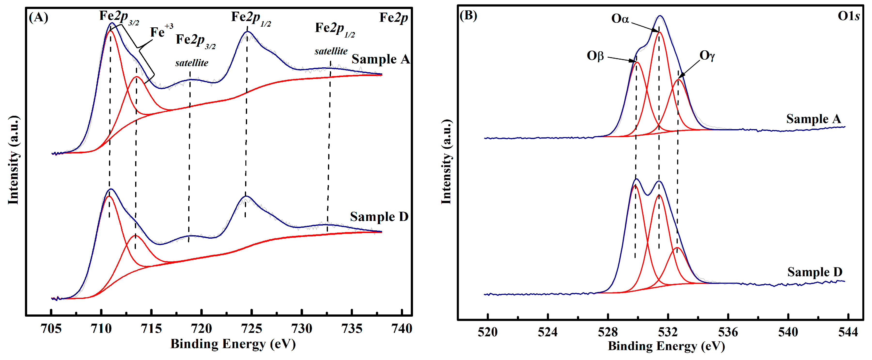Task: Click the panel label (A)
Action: coord(38,17)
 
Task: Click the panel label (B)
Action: coord(468,16)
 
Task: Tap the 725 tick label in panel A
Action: coord(251,328)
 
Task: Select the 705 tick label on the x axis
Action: coord(51,328)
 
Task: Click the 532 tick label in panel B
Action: coord(668,332)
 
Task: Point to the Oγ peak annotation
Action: coord(707,55)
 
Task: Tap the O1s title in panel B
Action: coord(848,16)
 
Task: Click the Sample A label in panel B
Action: coord(813,119)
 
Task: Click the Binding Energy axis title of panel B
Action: coord(666,346)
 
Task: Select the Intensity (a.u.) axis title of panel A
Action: coord(13,160)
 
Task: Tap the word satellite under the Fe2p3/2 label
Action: coord(192,63)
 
